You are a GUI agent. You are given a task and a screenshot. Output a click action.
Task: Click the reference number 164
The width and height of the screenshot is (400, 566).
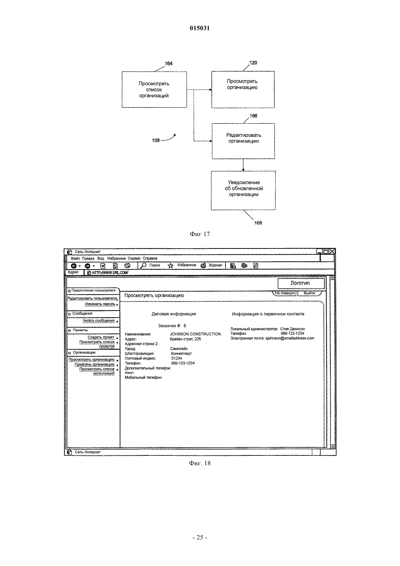(x=168, y=63)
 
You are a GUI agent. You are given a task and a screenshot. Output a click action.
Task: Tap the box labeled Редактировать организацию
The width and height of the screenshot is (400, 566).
(x=243, y=141)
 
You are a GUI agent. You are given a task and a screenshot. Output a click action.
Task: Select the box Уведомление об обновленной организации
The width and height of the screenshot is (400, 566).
(x=243, y=190)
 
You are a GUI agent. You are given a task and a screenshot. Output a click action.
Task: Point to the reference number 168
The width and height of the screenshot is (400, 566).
(x=258, y=223)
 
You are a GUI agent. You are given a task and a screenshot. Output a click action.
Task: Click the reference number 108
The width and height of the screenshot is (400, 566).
(x=156, y=140)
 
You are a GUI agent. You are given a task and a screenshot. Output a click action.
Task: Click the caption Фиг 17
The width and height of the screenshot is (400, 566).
(x=200, y=234)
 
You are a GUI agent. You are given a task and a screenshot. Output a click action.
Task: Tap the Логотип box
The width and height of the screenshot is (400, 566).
(x=301, y=283)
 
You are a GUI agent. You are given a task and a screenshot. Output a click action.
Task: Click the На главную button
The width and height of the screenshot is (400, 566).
(x=284, y=293)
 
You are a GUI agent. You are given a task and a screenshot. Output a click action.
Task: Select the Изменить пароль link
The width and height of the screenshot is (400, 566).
(x=100, y=304)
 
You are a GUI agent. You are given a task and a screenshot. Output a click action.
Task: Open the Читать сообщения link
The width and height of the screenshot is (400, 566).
(x=99, y=321)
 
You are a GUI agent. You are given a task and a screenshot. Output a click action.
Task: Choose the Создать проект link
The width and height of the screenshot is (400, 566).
(x=101, y=337)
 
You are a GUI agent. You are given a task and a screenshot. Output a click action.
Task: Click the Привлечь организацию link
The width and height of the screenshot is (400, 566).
(x=95, y=364)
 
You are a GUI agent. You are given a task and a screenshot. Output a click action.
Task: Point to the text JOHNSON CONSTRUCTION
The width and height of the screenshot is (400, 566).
(x=195, y=334)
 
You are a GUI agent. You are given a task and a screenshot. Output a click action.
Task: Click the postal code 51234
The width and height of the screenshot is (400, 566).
(x=176, y=358)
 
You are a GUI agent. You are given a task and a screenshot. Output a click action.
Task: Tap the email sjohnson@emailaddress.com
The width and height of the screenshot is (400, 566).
(x=290, y=338)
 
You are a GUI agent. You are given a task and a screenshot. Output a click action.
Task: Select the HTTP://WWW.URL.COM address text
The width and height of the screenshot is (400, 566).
(x=110, y=273)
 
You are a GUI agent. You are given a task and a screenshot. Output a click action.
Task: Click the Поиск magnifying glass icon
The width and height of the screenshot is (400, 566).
(x=143, y=265)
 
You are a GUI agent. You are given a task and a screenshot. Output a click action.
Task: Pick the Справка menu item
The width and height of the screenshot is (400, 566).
(x=150, y=258)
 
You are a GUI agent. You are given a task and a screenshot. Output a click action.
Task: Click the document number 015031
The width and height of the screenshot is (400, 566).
(x=200, y=28)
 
